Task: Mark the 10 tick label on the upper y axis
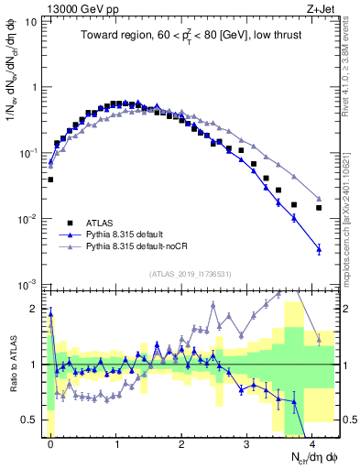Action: coord(30,21)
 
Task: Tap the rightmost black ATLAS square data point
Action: coord(319,208)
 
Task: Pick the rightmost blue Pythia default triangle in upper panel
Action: coord(319,248)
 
